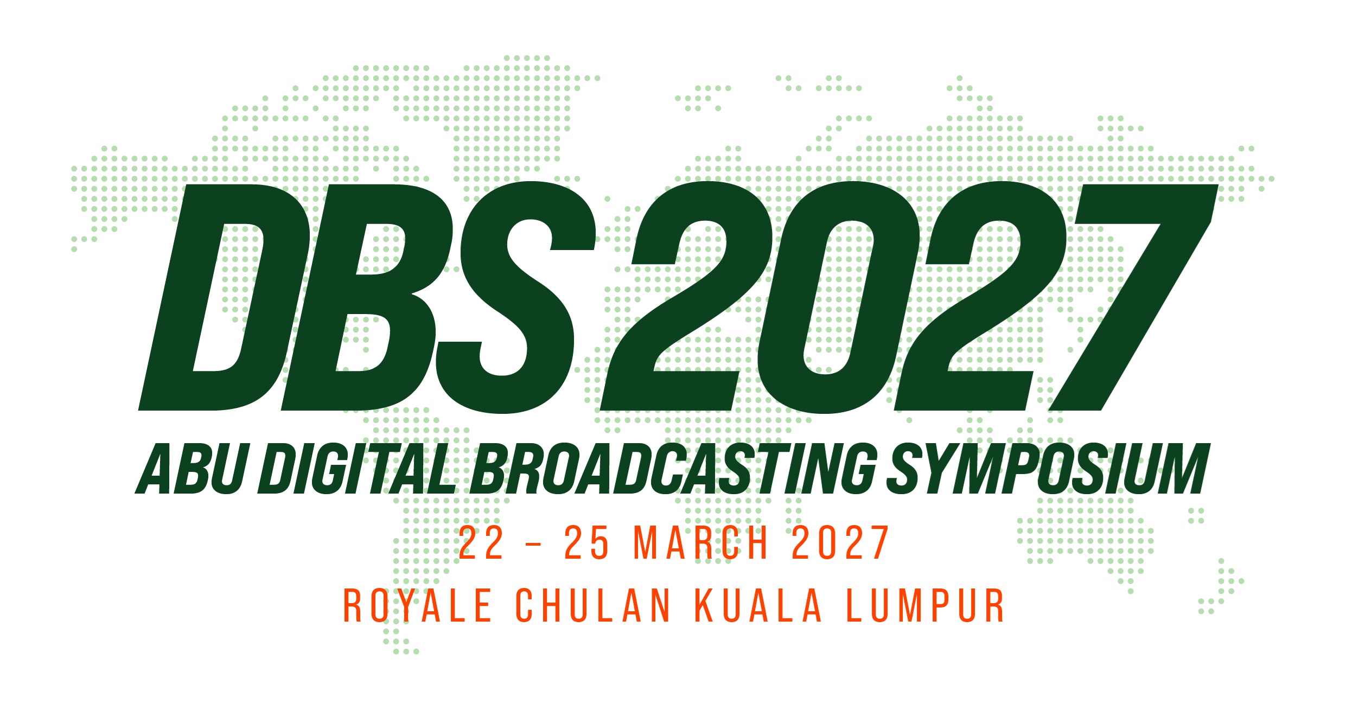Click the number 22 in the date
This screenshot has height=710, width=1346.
click(481, 542)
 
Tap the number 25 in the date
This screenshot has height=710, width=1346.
click(586, 542)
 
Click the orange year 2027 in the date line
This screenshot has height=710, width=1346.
click(840, 542)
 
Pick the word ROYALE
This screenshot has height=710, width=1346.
click(418, 605)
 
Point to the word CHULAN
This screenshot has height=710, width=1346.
click(594, 605)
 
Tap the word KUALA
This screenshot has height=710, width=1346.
click(758, 605)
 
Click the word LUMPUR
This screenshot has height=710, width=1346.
click(925, 605)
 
